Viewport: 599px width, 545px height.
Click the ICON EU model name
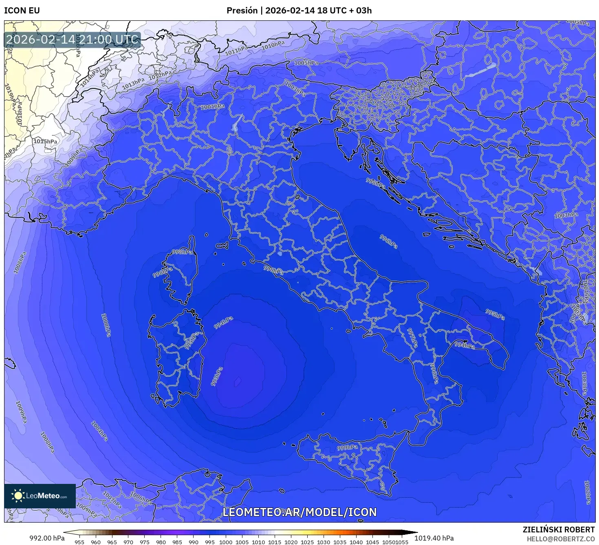coord(22,11)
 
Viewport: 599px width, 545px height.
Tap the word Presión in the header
coord(242,11)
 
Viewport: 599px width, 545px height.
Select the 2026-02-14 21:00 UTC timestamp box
coord(72,40)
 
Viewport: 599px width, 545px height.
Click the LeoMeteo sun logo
coord(18,496)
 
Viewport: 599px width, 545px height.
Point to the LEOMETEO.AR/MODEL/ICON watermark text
coord(299,512)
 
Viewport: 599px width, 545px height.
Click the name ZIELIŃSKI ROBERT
coord(559,530)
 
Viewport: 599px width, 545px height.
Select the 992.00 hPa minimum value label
coord(47,538)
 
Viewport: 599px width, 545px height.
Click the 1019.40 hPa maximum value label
coord(438,538)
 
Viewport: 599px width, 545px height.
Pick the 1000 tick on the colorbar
coord(226,542)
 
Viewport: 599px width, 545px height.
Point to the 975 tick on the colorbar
coord(145,542)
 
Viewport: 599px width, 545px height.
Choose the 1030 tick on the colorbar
coord(324,542)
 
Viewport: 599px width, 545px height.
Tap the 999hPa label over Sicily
coord(347,448)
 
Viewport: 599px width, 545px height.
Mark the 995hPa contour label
coord(495,314)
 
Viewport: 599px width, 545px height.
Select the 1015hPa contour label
coord(45,141)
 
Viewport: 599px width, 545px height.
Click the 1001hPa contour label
coord(212,107)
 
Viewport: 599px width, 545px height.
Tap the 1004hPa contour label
coord(99,432)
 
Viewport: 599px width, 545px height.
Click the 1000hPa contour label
coord(106,325)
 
